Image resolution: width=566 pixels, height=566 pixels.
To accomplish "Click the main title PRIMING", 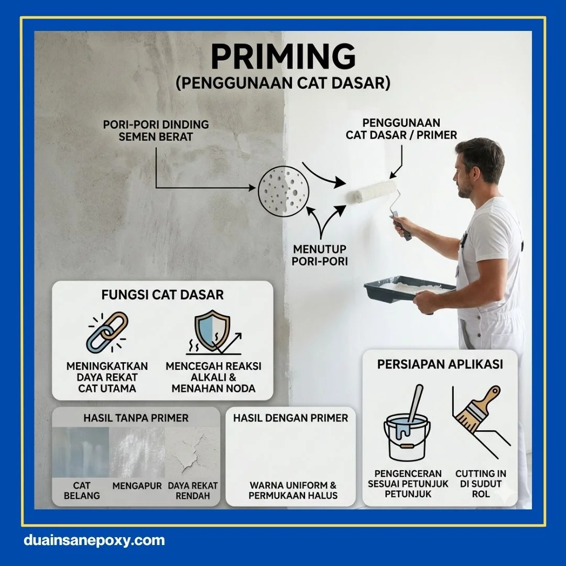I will (x=283, y=57).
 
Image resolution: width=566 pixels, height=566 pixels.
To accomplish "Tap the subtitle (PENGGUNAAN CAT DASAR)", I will (x=283, y=84).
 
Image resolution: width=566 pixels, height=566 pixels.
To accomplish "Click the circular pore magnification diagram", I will (x=283, y=191).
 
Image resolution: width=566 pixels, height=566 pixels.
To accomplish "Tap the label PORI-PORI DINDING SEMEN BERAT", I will (x=156, y=131).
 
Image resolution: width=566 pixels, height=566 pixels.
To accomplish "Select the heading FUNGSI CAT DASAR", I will (x=162, y=295).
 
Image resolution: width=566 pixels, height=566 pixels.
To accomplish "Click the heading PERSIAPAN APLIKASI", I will (x=440, y=364).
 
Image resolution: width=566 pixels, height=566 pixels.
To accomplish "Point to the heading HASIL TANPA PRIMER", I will (x=136, y=418).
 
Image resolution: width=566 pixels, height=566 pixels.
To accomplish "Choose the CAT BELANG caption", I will (x=81, y=491).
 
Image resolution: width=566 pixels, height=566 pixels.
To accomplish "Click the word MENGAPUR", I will (x=137, y=486).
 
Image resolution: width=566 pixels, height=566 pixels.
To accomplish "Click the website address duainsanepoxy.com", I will (x=94, y=540).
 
